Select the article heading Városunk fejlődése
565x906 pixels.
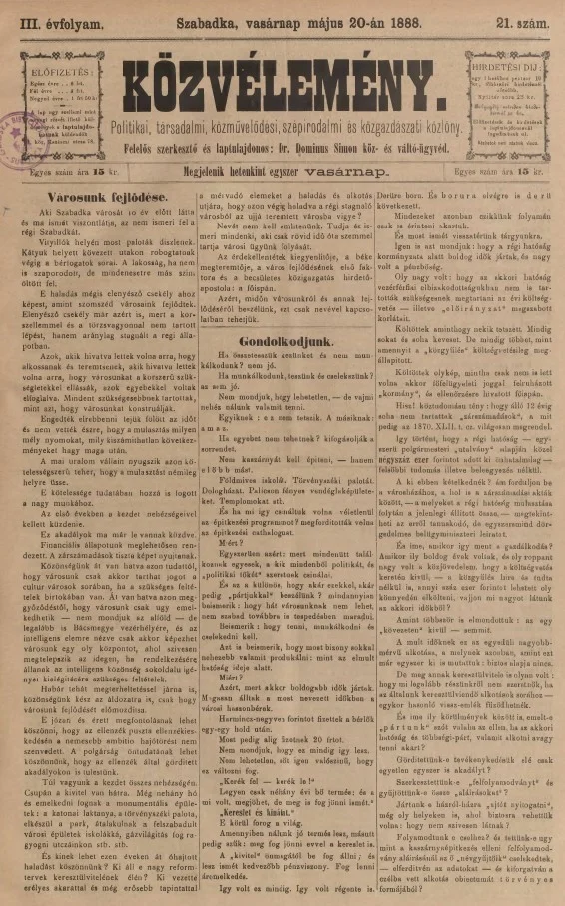click(82, 199)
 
